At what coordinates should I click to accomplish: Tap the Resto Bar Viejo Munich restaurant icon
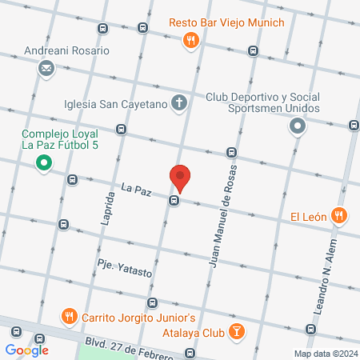[190, 39]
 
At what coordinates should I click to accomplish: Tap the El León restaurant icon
[339, 215]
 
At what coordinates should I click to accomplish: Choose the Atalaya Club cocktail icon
[237, 330]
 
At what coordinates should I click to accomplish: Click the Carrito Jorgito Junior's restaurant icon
[70, 317]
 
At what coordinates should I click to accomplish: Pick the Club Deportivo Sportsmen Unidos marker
[298, 126]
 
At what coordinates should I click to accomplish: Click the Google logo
[26, 350]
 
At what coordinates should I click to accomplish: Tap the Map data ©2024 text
[325, 354]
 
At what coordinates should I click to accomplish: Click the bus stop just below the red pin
[173, 202]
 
